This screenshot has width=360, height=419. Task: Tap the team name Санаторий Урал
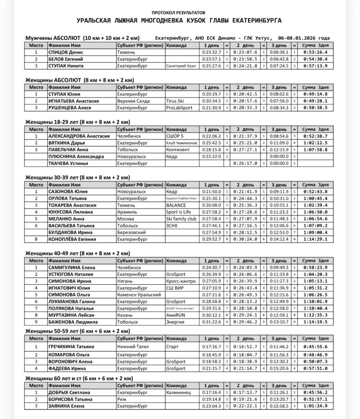181,66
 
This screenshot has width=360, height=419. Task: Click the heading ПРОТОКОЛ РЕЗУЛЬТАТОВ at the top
179,13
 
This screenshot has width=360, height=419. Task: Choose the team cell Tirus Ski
175,101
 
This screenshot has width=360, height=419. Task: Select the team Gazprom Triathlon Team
182,198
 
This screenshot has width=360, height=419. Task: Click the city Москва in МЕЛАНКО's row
125,218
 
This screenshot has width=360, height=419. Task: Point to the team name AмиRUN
175,315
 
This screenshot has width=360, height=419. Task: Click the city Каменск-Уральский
139,294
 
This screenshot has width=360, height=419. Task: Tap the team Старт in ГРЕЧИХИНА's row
172,346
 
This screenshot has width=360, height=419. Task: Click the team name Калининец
179,392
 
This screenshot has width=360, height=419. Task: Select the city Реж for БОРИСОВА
122,399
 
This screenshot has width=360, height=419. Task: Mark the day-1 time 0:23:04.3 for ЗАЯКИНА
211,406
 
